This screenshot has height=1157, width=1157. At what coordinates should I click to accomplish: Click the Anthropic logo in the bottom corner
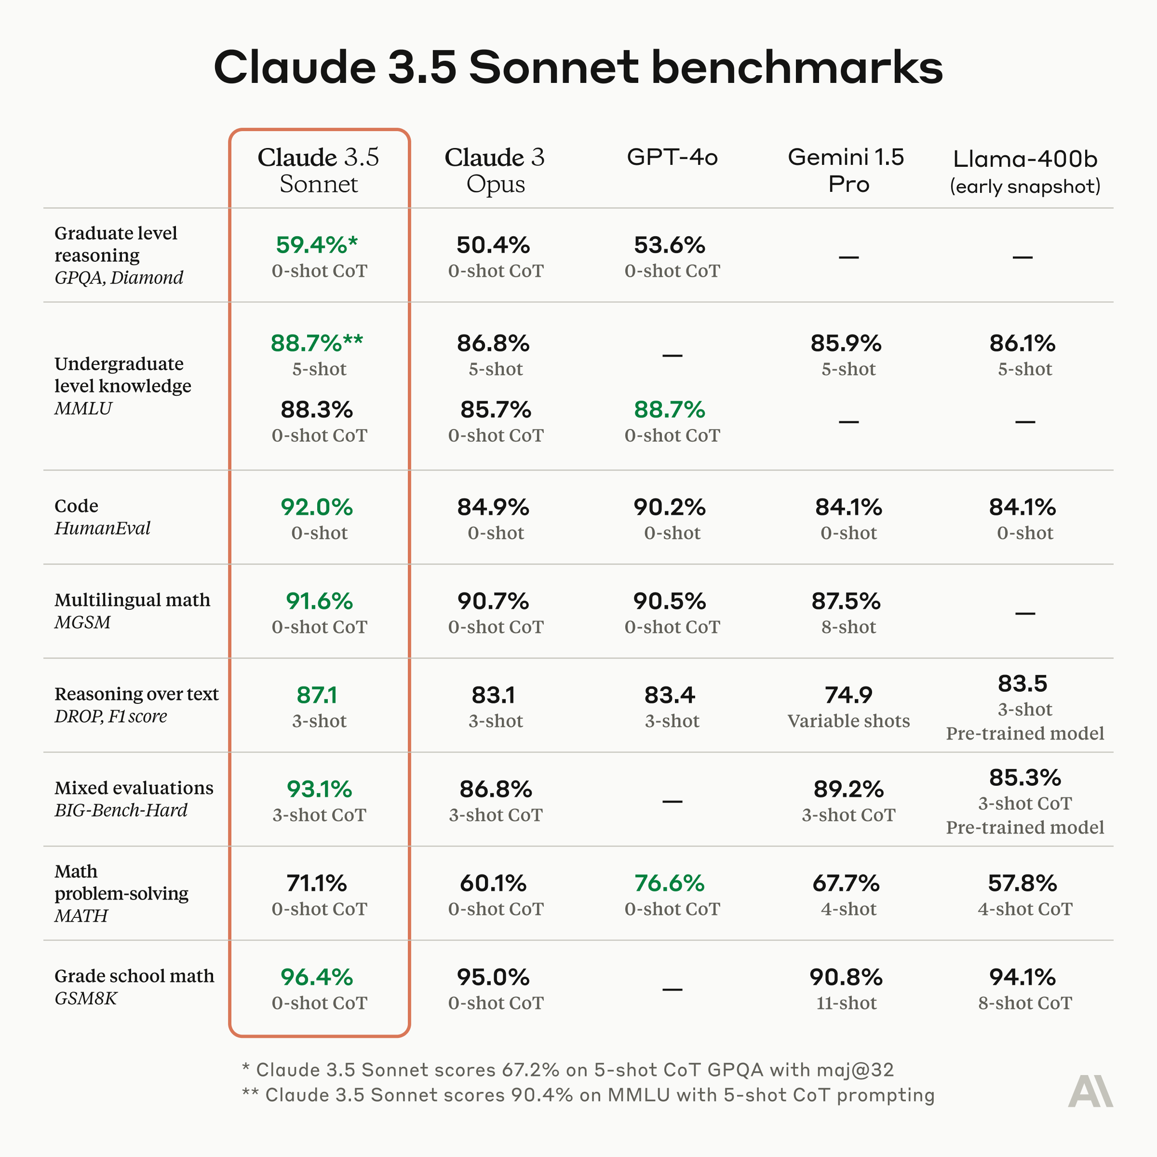1090,1090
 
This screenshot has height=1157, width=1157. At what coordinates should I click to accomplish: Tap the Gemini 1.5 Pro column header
848,170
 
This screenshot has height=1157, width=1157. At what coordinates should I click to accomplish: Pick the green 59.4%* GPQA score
317,245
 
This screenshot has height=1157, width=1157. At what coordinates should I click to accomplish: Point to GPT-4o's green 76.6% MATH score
670,883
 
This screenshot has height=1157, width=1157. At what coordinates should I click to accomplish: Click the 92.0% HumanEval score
317,507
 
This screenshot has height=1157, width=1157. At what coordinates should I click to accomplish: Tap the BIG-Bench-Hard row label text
121,810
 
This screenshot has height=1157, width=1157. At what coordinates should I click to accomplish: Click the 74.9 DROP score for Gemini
848,695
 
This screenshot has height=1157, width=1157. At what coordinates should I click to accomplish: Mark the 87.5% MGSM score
846,601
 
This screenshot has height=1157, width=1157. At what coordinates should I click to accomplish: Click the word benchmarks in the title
796,67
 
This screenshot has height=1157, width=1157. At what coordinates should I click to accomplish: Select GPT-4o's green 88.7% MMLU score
670,410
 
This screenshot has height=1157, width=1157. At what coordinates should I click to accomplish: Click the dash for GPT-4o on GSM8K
672,989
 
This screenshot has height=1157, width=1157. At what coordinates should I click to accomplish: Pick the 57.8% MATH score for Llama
1022,883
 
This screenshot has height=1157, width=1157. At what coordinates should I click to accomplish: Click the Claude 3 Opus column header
495,170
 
